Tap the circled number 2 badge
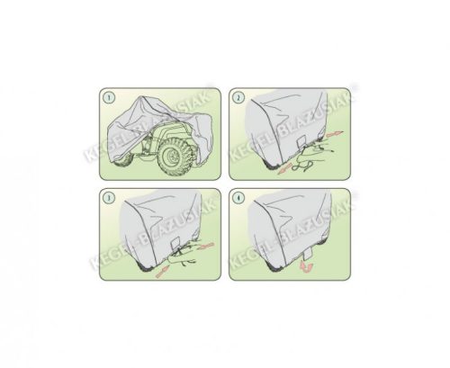point(237,95)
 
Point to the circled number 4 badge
point(237,196)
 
